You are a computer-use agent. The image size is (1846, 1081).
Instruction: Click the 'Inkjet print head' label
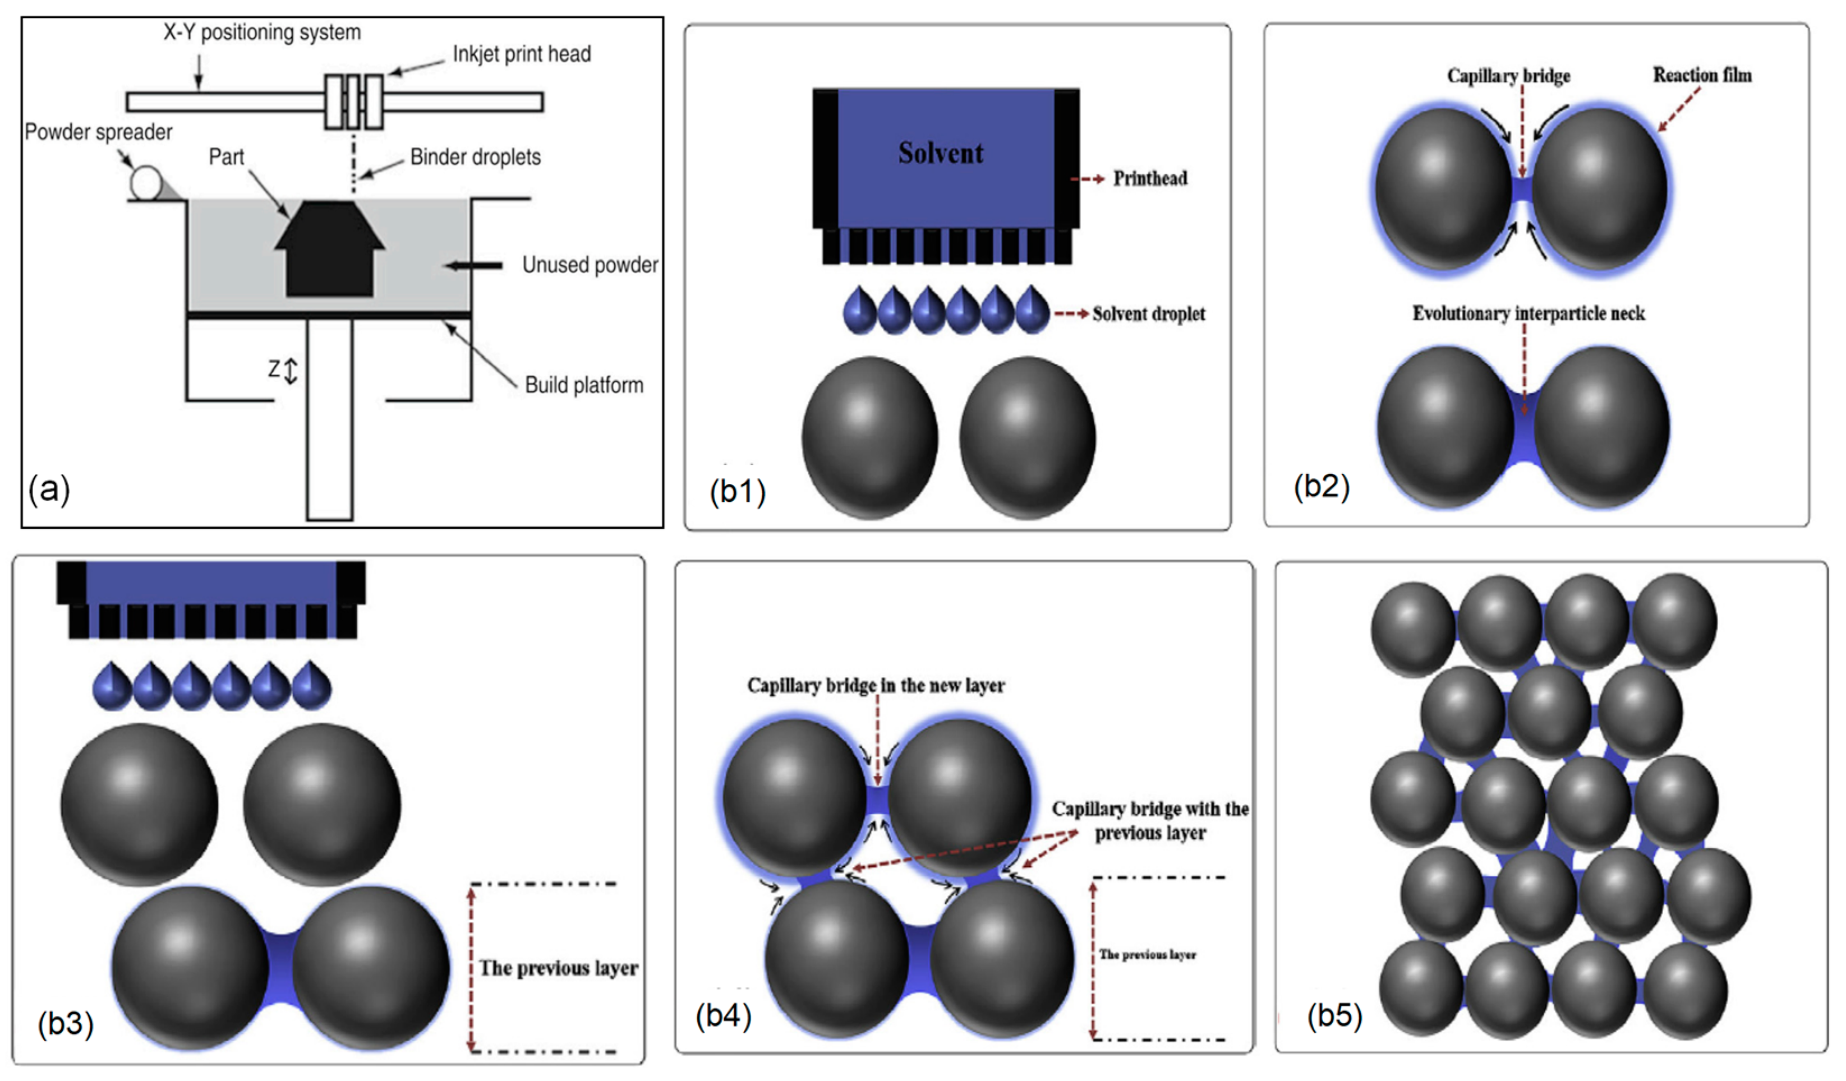[522, 54]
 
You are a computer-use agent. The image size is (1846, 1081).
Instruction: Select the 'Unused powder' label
[590, 265]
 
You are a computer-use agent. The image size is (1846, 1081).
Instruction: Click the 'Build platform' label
[584, 385]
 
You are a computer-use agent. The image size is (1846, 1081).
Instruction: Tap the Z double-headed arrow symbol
[291, 371]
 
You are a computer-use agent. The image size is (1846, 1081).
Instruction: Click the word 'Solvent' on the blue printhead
[941, 153]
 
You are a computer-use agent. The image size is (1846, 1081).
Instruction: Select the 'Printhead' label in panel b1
[1150, 178]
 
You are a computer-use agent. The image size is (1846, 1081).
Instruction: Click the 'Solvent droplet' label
[1149, 314]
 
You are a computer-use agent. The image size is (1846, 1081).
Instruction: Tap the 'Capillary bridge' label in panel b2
[1508, 76]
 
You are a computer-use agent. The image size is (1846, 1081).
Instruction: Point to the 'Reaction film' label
[1702, 75]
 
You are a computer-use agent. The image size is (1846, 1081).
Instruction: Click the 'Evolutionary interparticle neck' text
[1528, 313]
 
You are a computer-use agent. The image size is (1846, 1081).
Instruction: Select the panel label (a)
[49, 488]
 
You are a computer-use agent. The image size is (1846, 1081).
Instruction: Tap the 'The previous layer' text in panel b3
[558, 968]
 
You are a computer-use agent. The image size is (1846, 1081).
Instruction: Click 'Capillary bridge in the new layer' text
[876, 686]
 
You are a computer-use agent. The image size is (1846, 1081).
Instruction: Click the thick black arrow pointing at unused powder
[475, 265]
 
